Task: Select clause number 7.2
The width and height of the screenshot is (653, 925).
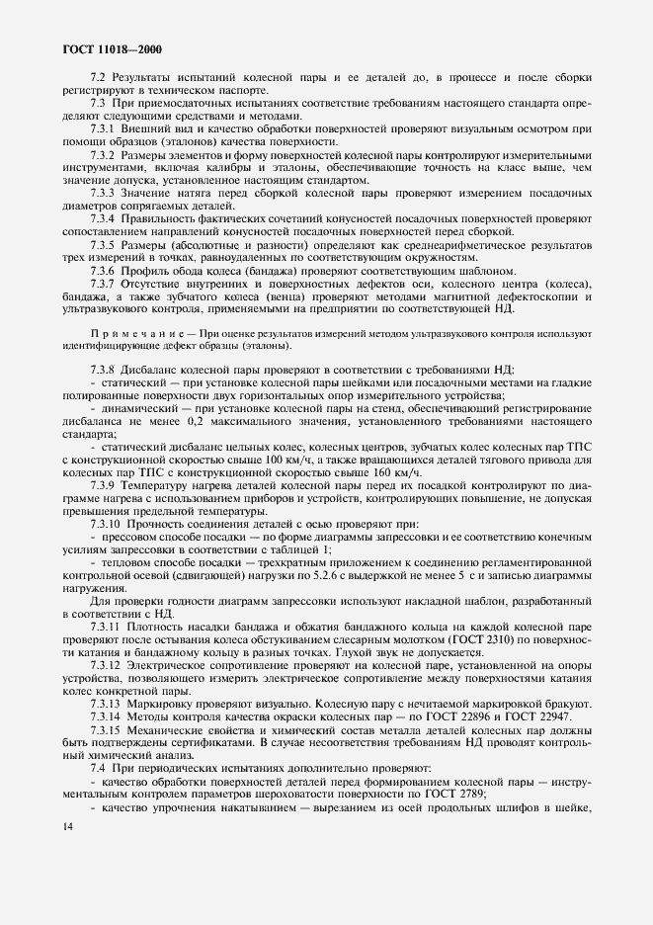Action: point(97,77)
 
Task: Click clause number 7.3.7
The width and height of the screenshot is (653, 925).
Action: point(104,284)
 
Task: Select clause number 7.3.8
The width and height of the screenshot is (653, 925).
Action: point(104,368)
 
